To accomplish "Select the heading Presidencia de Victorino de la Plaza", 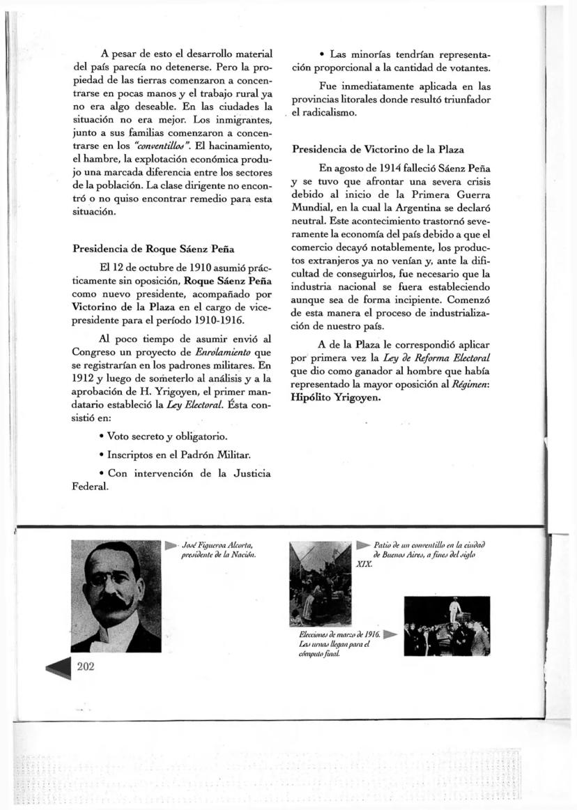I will point(378,149).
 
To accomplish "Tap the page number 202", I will point(86,666).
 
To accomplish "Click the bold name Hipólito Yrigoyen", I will point(336,397).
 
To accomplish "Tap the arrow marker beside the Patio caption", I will point(363,544).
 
